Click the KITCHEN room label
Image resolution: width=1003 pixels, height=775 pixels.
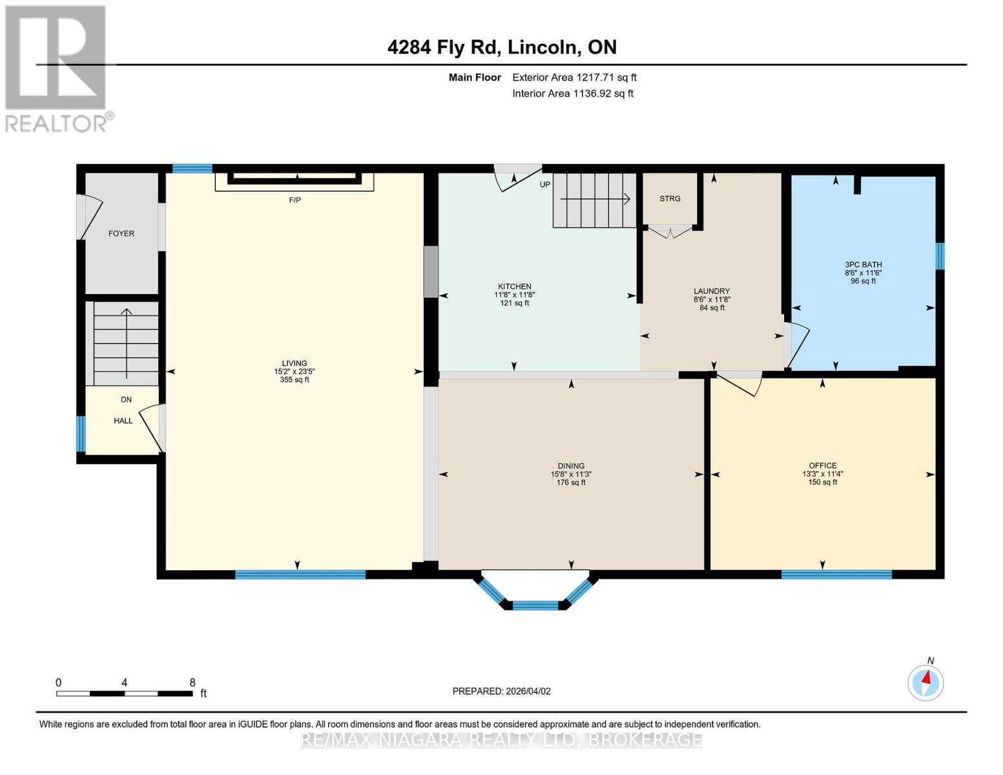click(514, 286)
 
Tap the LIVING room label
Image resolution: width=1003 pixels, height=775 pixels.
click(294, 363)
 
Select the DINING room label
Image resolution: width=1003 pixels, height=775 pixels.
click(571, 466)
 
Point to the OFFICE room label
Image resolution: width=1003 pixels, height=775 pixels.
click(822, 466)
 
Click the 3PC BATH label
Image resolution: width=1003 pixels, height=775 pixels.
click(863, 264)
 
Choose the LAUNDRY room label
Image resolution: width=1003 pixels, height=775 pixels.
click(712, 291)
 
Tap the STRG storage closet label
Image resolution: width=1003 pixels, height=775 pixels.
click(670, 198)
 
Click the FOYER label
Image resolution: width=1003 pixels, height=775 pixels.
click(121, 233)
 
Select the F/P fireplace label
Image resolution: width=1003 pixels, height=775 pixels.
click(295, 200)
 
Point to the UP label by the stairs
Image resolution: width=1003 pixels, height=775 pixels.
click(545, 185)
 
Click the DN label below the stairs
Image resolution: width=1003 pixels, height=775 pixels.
click(126, 399)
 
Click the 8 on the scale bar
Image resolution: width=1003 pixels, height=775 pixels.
click(192, 683)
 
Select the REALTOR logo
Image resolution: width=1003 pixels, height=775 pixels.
click(57, 68)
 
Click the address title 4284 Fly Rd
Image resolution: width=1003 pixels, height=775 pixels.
click(502, 47)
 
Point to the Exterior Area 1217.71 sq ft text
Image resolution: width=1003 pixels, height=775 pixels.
click(574, 77)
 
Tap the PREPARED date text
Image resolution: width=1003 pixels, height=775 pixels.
click(501, 691)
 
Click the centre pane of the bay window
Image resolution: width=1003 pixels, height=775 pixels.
click(535, 605)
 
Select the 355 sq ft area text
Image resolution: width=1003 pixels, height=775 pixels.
click(294, 380)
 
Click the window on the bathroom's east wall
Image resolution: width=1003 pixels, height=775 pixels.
click(940, 256)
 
